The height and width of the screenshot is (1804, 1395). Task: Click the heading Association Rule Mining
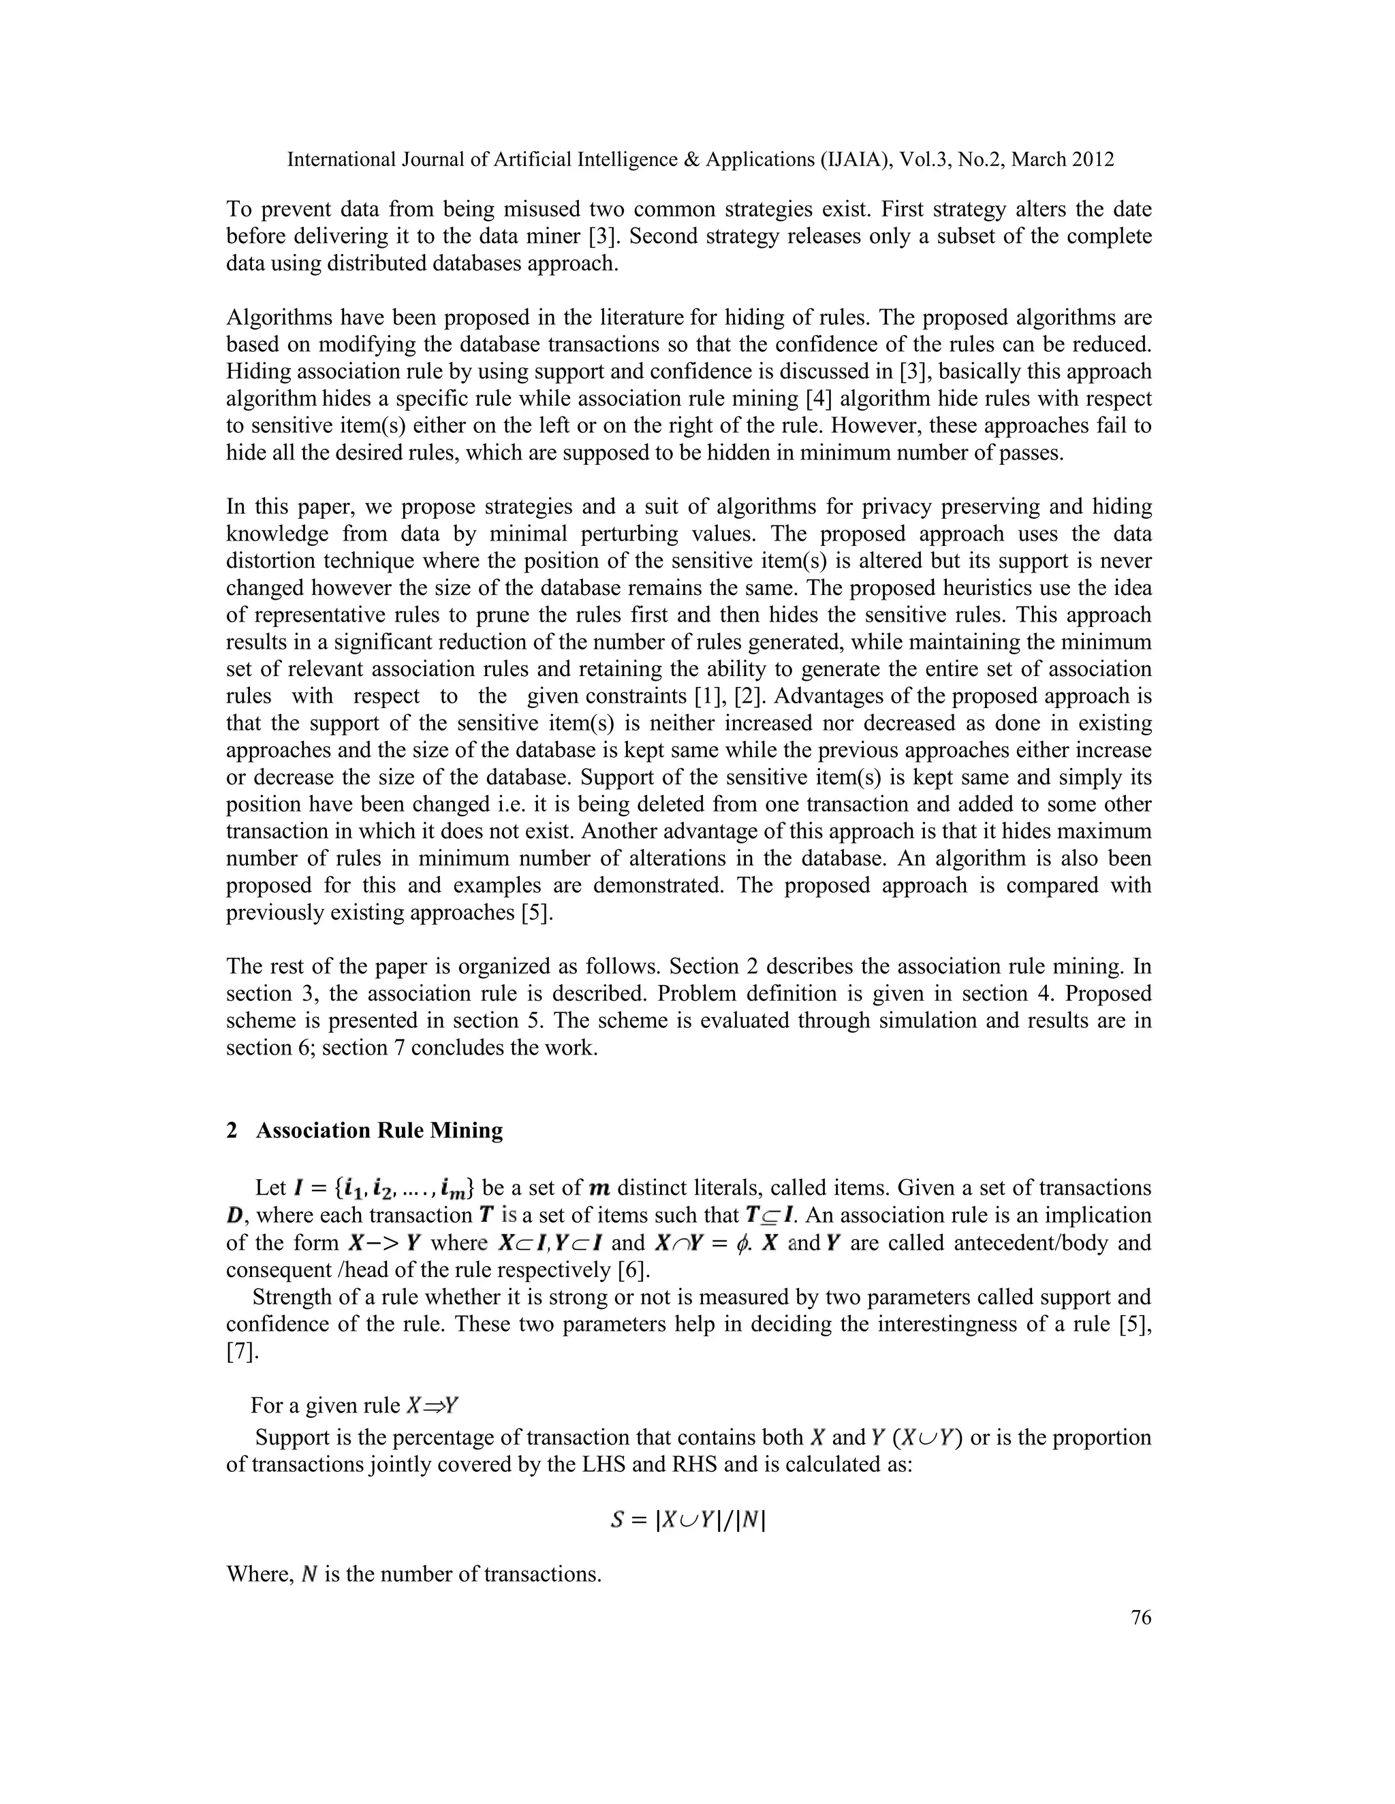pyautogui.click(x=379, y=1130)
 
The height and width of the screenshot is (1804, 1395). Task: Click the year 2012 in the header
pyautogui.click(x=1092, y=159)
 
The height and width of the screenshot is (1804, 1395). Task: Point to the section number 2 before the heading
pyautogui.click(x=232, y=1130)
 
